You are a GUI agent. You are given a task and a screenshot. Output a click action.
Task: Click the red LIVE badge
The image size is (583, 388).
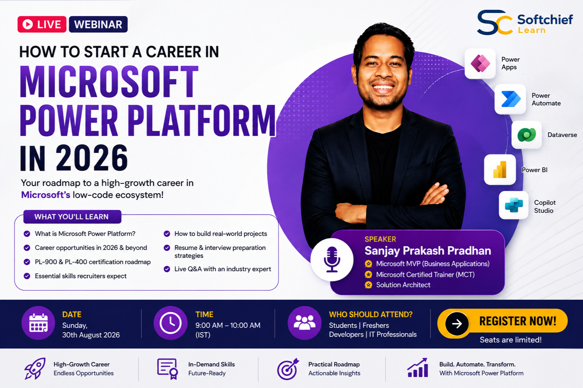(42, 24)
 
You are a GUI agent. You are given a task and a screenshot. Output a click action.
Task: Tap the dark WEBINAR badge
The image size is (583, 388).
(98, 24)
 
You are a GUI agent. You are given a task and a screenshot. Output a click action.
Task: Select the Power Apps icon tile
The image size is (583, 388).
(480, 64)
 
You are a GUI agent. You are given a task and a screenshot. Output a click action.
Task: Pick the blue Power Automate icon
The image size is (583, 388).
(510, 99)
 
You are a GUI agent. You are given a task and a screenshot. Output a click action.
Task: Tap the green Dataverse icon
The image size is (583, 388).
(527, 135)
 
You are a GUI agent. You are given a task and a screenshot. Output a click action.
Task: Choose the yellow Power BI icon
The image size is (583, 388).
(500, 169)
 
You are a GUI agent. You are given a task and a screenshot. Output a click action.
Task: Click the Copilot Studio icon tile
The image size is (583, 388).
(513, 205)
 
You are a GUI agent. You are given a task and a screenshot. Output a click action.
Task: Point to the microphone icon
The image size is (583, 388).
(332, 259)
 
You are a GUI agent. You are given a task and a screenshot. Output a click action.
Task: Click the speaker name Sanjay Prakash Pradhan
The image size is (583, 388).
(428, 251)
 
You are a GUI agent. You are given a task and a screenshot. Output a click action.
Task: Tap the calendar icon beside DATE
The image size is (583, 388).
(38, 323)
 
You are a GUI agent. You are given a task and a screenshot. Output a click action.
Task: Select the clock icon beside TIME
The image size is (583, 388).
(170, 323)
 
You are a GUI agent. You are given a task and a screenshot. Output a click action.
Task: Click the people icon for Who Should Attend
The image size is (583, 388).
(304, 323)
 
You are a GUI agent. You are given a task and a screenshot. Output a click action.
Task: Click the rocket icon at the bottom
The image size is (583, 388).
(35, 369)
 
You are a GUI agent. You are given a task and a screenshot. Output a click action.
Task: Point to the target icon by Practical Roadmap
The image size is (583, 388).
(288, 369)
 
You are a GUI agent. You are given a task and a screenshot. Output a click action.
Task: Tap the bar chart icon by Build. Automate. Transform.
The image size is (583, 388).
(418, 368)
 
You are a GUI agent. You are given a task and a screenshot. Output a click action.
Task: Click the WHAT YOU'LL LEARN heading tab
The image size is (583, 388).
(72, 217)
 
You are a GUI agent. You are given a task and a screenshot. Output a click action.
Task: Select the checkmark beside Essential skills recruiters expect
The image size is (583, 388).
(27, 276)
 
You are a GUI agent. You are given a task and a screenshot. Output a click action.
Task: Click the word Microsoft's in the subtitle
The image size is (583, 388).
(46, 195)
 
